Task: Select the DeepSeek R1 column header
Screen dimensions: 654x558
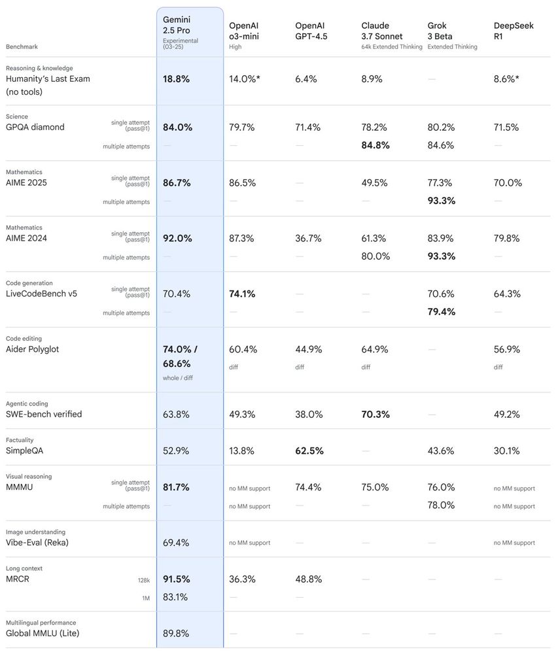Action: (x=514, y=31)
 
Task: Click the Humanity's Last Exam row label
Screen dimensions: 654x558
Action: (x=48, y=78)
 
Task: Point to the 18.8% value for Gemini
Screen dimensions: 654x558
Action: (x=176, y=78)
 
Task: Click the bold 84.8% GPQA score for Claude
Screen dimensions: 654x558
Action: (x=375, y=145)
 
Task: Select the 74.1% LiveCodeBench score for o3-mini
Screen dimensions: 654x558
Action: (x=242, y=294)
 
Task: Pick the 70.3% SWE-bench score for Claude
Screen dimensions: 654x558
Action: (x=375, y=414)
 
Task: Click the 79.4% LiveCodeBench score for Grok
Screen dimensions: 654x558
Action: (x=442, y=311)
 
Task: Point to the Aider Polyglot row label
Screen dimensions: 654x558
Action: (x=32, y=349)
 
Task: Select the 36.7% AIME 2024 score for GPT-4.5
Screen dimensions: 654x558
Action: (x=308, y=238)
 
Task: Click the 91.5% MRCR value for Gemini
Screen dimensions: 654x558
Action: (x=177, y=579)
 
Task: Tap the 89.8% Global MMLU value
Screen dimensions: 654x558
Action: (x=176, y=633)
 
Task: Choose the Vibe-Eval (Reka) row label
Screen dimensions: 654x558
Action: (x=37, y=542)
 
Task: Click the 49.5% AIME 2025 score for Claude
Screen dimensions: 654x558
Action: (x=374, y=182)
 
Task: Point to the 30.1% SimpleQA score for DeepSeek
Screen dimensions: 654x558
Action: (x=506, y=451)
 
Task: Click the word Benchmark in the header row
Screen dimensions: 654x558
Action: (x=22, y=47)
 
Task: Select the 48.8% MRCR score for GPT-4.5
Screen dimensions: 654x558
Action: (x=308, y=579)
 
